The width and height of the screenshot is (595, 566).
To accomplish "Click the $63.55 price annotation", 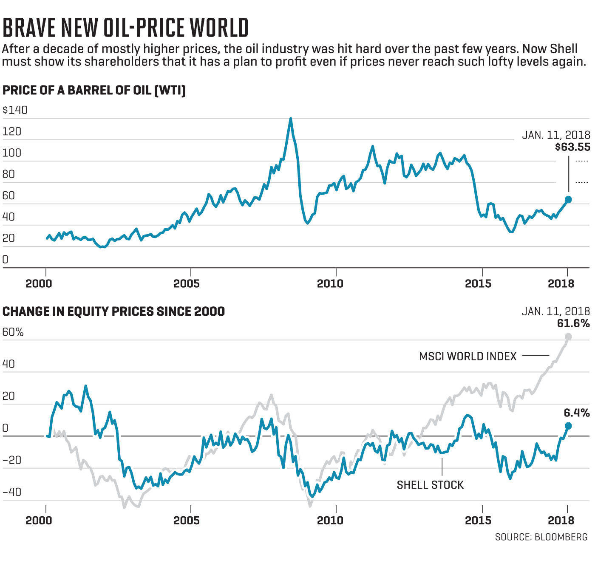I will (572, 147).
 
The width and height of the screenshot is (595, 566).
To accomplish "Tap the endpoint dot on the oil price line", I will (568, 199).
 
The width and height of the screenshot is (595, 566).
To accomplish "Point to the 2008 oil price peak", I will (291, 119).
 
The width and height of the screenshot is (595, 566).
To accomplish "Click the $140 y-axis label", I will (15, 110).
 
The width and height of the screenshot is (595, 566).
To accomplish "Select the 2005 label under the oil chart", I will (187, 283).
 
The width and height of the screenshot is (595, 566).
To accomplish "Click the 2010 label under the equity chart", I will (330, 520).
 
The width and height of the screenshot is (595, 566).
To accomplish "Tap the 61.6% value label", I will (573, 323).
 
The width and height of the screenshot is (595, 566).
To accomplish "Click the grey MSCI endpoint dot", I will (568, 337).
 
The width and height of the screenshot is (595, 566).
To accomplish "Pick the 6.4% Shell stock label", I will (577, 413).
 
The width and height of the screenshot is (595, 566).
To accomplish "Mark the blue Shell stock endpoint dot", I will (568, 426).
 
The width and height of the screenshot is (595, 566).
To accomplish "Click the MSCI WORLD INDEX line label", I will (468, 356).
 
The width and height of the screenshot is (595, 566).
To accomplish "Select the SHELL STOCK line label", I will (430, 485).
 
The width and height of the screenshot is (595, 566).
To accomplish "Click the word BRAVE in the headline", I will (29, 28).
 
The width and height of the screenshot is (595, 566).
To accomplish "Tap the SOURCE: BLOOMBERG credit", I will (541, 537).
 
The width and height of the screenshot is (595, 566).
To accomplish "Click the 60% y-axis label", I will (13, 332).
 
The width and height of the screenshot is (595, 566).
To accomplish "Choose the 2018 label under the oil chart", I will (561, 283).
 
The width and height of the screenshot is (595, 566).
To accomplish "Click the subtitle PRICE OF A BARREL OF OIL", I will (94, 91).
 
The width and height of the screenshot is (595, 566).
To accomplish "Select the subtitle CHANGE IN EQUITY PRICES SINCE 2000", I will (113, 311).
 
